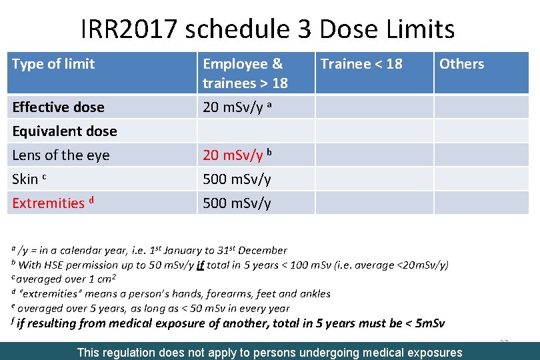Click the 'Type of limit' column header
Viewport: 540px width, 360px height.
pyautogui.click(x=53, y=64)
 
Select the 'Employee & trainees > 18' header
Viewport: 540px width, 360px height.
pyautogui.click(x=245, y=73)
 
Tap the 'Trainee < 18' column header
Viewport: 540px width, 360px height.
pyautogui.click(x=361, y=64)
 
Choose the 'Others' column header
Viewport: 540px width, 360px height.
pyautogui.click(x=461, y=64)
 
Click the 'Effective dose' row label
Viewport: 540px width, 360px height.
pyautogui.click(x=58, y=107)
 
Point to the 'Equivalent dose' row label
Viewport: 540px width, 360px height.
pyautogui.click(x=65, y=131)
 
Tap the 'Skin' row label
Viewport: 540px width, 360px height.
pyautogui.click(x=25, y=179)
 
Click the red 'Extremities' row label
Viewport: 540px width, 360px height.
pyautogui.click(x=48, y=203)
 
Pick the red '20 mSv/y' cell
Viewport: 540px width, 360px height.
pyautogui.click(x=233, y=155)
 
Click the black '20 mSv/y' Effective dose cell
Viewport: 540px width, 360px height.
pyautogui.click(x=233, y=107)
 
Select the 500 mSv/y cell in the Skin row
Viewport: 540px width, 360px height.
pyautogui.click(x=237, y=179)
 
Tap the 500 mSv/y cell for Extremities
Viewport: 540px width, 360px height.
pyautogui.click(x=237, y=203)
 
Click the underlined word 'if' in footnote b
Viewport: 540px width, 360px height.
pyautogui.click(x=199, y=265)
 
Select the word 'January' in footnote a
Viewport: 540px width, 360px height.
pyautogui.click(x=182, y=251)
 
